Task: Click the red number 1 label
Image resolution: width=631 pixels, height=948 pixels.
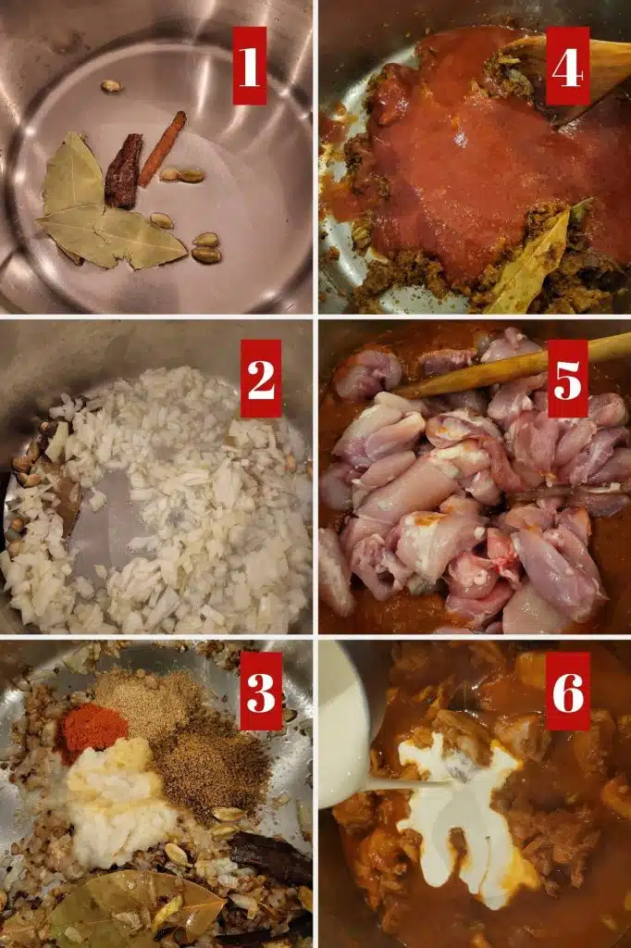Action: [250, 66]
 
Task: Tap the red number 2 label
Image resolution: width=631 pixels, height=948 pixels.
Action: [261, 379]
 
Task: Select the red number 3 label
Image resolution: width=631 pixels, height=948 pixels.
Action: [261, 691]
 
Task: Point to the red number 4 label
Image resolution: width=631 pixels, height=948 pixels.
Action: [567, 66]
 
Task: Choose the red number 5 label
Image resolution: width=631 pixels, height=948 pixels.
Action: [567, 379]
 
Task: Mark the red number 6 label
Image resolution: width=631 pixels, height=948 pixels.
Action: [568, 691]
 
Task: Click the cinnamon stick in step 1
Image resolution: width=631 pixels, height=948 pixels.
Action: [162, 149]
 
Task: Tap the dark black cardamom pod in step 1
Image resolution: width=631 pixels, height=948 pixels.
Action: [123, 171]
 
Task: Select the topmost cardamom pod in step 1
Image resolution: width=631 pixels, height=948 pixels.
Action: [111, 86]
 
